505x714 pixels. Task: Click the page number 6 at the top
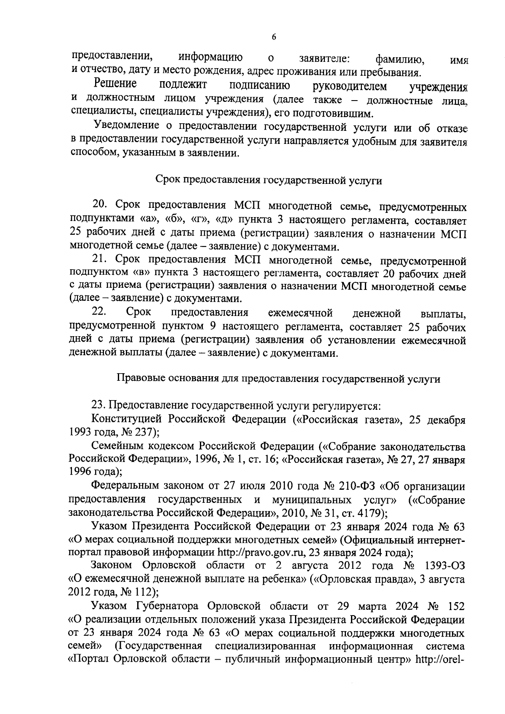pos(274,37)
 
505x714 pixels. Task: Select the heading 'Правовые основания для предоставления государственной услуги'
pos(278,379)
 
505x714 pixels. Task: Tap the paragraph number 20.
pos(101,207)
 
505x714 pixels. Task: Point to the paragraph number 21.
pos(101,260)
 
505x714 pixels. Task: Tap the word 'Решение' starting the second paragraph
pos(115,85)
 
